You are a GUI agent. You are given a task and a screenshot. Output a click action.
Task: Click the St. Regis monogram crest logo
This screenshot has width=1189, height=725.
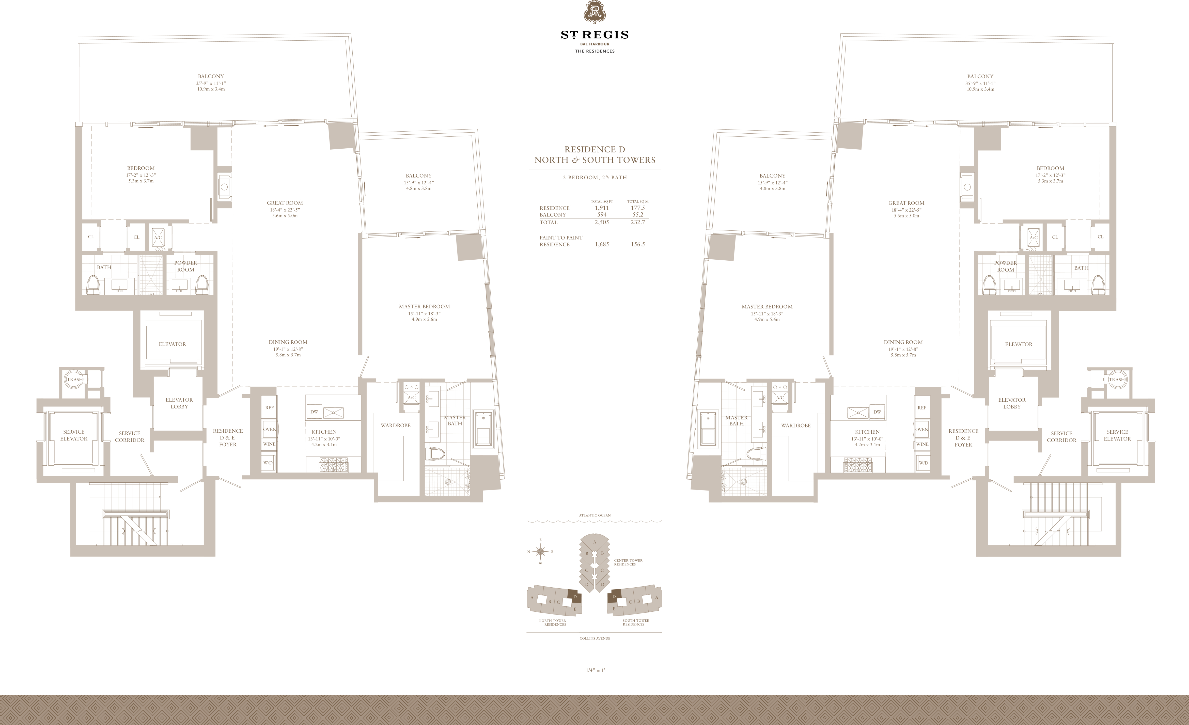[594, 12]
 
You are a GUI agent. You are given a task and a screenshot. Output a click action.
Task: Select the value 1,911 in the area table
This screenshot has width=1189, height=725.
[602, 208]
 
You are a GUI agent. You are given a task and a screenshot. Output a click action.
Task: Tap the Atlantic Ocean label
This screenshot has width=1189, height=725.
[594, 515]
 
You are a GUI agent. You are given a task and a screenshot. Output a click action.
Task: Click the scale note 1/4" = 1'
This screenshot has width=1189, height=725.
[595, 670]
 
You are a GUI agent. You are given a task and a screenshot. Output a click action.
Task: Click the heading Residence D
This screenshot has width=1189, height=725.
[594, 150]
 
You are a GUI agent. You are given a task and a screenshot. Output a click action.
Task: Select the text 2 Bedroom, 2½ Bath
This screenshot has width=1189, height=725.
[594, 178]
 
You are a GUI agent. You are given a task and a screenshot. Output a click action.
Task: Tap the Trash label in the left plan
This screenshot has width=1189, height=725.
[75, 380]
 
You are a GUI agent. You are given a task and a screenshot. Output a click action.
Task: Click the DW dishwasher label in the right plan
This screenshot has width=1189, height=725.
[877, 412]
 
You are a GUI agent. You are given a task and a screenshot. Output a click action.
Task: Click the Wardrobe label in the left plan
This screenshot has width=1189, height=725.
[395, 425]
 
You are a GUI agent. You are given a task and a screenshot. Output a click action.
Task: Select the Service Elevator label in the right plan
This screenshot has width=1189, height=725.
[1117, 435]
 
